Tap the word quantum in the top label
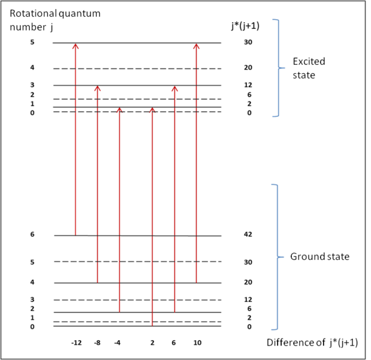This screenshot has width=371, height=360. coord(76,13)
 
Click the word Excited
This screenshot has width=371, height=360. coord(308,62)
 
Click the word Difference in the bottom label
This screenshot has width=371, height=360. coord(287,344)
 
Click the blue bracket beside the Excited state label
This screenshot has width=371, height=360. coord(277,67)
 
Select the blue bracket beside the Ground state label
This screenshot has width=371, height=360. coord(277,257)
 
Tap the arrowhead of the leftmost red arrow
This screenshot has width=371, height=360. coord(76,46)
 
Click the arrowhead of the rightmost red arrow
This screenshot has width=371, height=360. coord(196,46)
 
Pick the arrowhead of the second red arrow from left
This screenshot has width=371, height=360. coord(97,89)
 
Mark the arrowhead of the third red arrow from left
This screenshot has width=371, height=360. coord(119,111)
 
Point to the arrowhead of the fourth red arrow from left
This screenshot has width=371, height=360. coord(152,111)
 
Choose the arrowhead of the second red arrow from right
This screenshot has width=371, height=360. coord(174,89)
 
